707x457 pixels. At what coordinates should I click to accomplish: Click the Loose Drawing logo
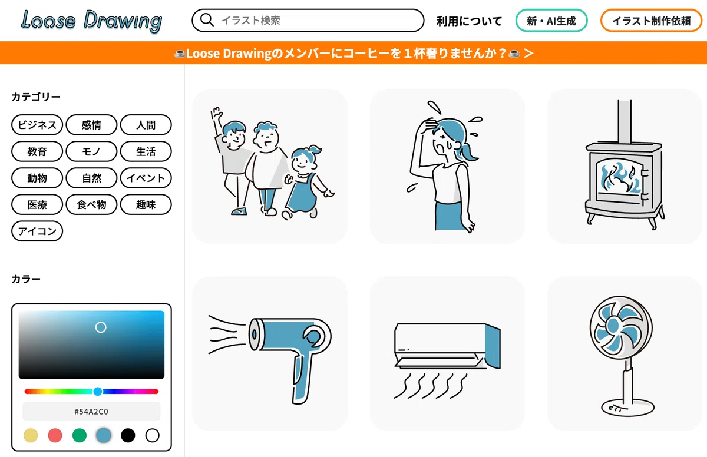click(91, 21)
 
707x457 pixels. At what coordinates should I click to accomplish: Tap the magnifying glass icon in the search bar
click(207, 20)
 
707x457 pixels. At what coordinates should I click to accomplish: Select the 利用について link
click(469, 21)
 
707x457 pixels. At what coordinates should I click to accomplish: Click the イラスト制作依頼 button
click(651, 21)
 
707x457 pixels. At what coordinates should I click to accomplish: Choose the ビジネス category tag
click(37, 125)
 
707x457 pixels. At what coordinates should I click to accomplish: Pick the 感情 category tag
click(91, 125)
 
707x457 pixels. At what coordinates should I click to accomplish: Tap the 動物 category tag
click(37, 178)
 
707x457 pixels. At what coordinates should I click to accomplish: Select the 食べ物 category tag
click(91, 205)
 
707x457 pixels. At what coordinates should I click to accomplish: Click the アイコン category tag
click(37, 231)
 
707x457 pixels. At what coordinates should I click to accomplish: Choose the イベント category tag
click(146, 178)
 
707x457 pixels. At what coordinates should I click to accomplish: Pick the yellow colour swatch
click(31, 436)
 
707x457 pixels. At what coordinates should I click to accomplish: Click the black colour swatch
click(128, 436)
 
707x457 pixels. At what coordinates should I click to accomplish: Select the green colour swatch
click(79, 436)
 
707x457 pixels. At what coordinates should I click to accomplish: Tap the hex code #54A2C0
click(91, 412)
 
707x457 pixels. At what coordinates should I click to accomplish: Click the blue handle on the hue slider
click(98, 392)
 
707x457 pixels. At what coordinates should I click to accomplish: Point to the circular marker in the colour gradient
click(101, 327)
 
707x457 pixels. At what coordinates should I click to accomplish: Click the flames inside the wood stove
click(620, 178)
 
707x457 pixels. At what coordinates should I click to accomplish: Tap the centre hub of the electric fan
click(613, 325)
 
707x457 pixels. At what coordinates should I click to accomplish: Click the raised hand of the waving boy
click(216, 112)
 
